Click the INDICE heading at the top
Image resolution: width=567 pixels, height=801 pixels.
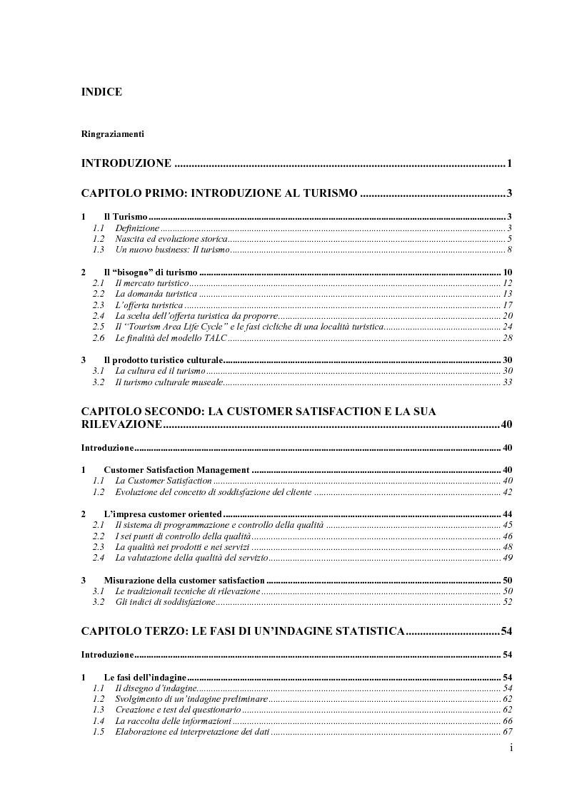(x=101, y=92)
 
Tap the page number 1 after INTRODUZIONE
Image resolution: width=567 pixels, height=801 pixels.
(x=510, y=164)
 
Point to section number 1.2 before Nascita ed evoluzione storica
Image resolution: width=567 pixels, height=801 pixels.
(x=99, y=238)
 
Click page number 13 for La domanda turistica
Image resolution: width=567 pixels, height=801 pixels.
(x=507, y=294)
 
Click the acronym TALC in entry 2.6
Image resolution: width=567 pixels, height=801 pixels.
(x=215, y=337)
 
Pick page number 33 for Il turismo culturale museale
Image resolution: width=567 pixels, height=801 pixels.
(x=507, y=382)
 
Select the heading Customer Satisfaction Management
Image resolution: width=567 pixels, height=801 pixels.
(x=176, y=470)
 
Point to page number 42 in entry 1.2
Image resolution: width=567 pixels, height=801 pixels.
(x=507, y=492)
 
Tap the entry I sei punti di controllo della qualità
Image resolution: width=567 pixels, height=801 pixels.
(x=183, y=536)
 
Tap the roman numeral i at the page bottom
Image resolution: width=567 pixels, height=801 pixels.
(x=511, y=748)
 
